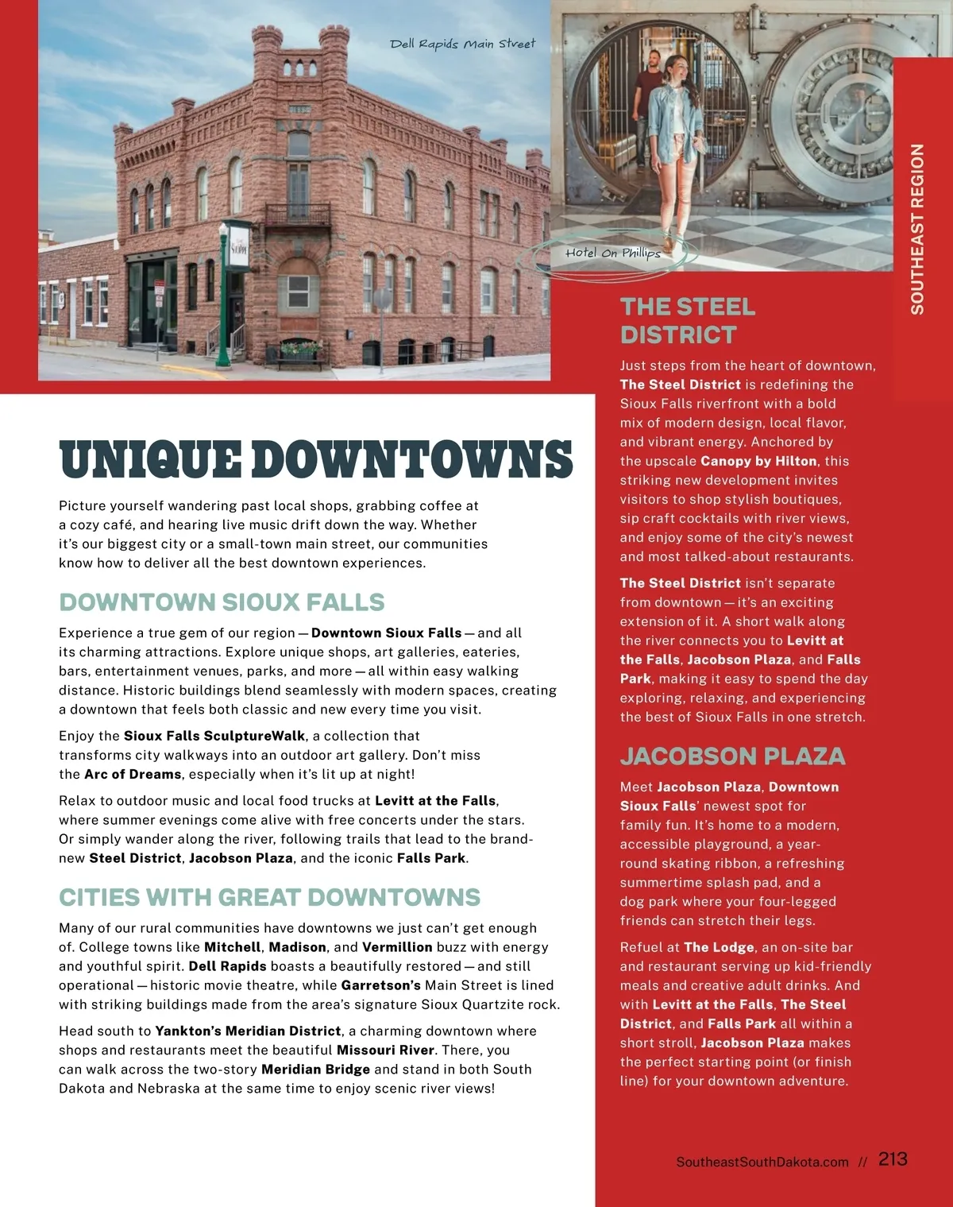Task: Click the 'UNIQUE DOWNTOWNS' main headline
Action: click(315, 460)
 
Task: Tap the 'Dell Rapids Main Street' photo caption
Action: click(462, 43)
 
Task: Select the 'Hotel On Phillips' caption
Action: click(612, 253)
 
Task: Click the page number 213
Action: click(893, 1159)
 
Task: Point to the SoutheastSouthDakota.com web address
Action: click(762, 1162)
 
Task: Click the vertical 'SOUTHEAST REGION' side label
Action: click(917, 229)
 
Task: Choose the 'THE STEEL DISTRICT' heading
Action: click(687, 320)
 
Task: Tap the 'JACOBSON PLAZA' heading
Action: click(732, 756)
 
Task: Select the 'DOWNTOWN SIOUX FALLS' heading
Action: click(222, 602)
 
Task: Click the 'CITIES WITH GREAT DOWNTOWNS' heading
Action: click(269, 897)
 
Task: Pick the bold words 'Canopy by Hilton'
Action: click(758, 461)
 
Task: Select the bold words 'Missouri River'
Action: click(385, 1050)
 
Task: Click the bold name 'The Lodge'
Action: click(719, 947)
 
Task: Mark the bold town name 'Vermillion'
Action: click(397, 947)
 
